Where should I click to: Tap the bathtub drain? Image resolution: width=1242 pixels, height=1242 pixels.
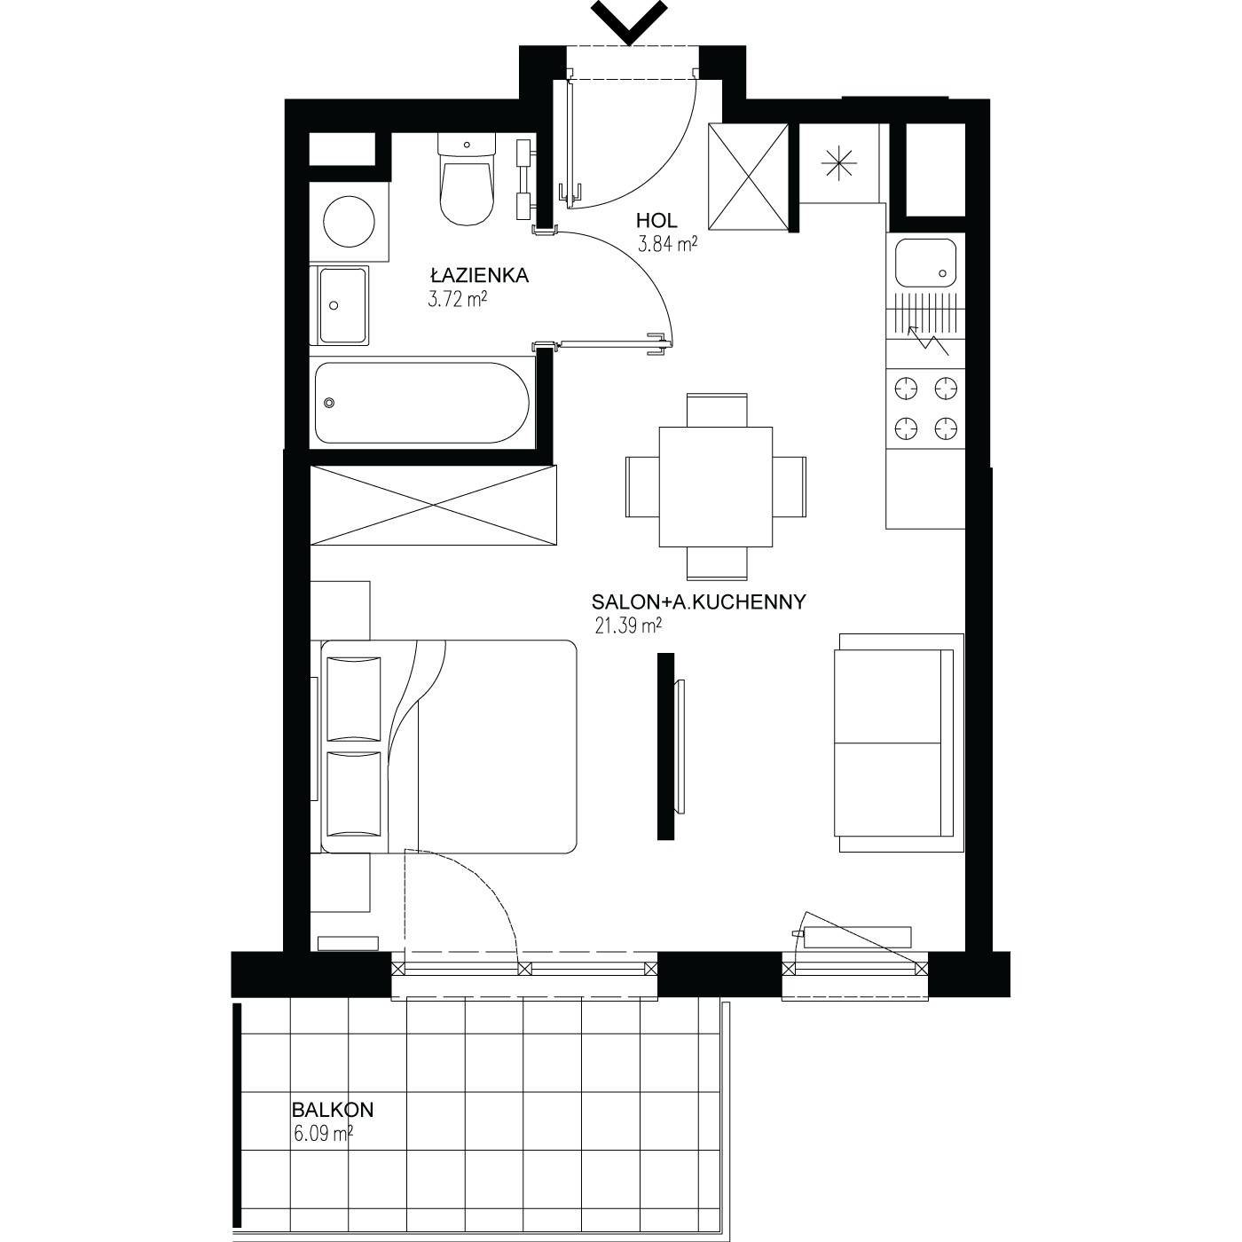(329, 404)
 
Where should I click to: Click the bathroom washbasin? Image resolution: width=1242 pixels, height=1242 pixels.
(343, 305)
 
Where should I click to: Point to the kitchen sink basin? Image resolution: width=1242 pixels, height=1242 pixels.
(924, 263)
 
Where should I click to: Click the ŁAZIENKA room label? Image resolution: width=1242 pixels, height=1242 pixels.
(480, 275)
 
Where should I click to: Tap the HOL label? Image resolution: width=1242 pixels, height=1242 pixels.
(656, 221)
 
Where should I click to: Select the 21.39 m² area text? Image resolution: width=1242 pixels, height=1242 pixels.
(628, 625)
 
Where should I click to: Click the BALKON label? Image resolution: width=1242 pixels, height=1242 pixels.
(333, 1110)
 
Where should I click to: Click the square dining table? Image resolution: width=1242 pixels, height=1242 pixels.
(715, 487)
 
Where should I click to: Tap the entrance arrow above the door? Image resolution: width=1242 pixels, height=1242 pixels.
(628, 20)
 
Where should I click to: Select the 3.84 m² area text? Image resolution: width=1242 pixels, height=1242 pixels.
(667, 244)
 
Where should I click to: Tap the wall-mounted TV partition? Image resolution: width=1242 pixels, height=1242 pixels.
(665, 746)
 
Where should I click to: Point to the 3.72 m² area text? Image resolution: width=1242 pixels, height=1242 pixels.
(456, 300)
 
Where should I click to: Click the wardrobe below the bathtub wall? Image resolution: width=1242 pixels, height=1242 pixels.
(433, 506)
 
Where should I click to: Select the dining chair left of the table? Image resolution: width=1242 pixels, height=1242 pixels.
(642, 487)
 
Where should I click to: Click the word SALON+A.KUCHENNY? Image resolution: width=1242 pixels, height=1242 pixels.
(699, 602)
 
